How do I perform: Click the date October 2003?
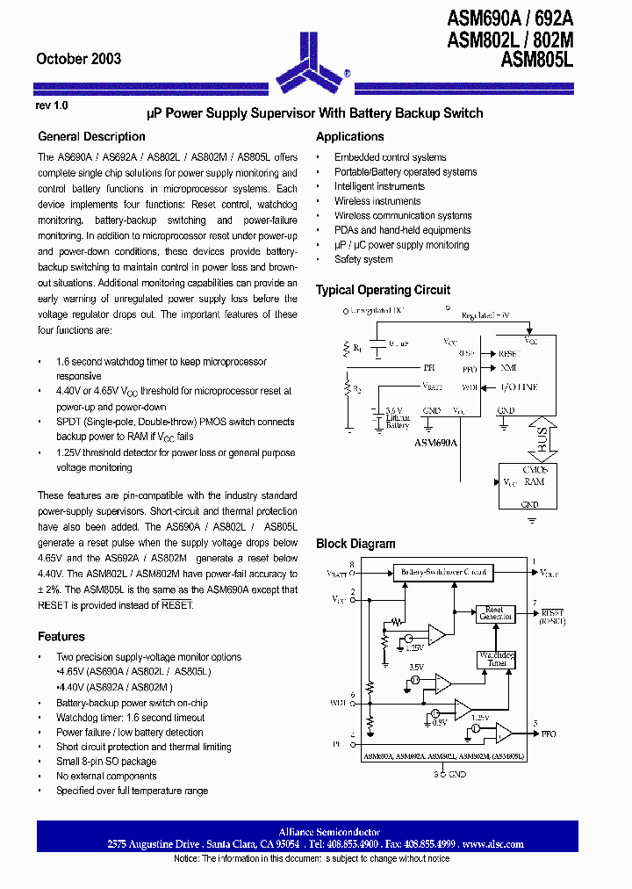78,59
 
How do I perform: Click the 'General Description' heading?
91,137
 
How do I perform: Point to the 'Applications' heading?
349,137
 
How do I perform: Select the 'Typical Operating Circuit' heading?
383,290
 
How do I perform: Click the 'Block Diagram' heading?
355,544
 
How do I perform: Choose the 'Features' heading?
61,637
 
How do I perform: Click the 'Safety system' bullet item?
363,260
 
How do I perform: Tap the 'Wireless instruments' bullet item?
377,201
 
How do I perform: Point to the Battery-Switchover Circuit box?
443,572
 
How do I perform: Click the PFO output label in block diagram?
548,734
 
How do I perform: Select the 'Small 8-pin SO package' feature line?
106,762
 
